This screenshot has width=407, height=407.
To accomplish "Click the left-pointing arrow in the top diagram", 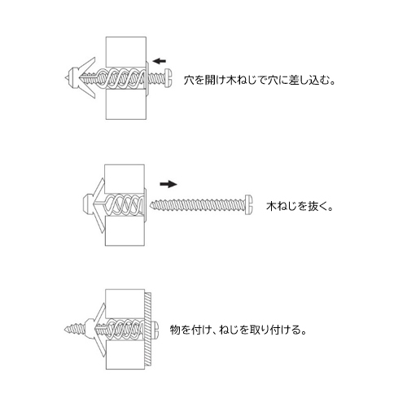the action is coord(160,61).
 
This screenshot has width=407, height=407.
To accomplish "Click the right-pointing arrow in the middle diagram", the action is coord(168,184).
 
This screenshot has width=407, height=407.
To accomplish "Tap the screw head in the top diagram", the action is coord(168,78).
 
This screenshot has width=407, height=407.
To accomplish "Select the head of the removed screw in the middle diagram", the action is coord(249,205).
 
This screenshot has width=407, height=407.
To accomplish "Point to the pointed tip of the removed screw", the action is coord(151,204).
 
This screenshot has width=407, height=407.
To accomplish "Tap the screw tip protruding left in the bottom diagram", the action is coord(66,330).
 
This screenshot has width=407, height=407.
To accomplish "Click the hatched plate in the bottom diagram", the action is coord(148,330).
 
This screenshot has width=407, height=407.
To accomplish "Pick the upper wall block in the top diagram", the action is coord(126,52).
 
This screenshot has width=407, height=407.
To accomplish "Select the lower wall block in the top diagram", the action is coord(126,104).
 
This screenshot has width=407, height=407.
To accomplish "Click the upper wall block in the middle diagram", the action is coord(125,179).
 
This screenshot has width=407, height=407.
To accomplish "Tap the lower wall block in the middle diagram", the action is coord(125,231).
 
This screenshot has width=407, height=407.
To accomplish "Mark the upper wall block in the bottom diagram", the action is coord(125,304).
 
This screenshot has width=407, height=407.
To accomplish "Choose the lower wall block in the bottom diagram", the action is coord(125,355).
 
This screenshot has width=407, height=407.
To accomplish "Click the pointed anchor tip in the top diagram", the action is coord(66,78).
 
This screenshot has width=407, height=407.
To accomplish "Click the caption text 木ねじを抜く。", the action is coord(300,207).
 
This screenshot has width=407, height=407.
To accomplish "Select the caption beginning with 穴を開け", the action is coord(260,81).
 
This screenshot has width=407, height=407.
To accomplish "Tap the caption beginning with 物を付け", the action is coord(238,330).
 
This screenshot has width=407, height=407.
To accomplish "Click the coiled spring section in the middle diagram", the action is coord(125,205).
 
